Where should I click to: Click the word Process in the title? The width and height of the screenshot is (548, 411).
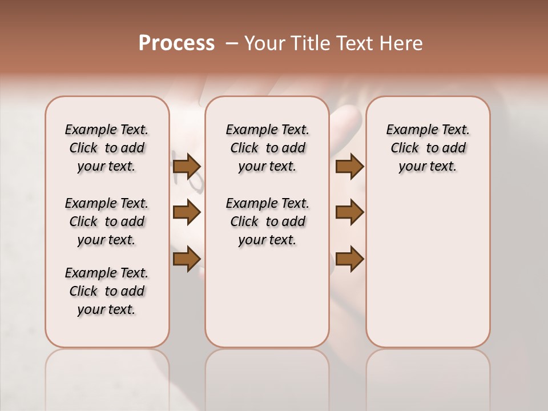[176, 43]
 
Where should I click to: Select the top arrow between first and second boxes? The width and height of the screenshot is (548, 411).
[186, 166]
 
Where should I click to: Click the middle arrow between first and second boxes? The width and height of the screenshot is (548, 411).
[186, 212]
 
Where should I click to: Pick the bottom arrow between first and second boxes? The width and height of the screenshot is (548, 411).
[186, 259]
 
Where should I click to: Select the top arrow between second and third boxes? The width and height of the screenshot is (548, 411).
[349, 166]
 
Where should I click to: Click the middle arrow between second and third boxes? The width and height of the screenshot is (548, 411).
[349, 212]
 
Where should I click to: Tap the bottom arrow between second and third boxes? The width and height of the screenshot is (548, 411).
[349, 259]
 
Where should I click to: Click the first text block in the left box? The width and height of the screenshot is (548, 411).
[107, 148]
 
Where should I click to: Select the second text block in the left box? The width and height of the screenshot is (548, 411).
[107, 221]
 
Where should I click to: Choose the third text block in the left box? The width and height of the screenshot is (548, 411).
[107, 291]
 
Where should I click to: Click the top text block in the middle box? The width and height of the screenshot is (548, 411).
[267, 148]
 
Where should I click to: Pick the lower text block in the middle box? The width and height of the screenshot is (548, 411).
[267, 221]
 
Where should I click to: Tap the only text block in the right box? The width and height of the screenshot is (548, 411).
[428, 148]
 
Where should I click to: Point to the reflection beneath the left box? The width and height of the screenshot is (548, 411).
[107, 377]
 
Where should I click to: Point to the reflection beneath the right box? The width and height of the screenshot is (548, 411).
[428, 377]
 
